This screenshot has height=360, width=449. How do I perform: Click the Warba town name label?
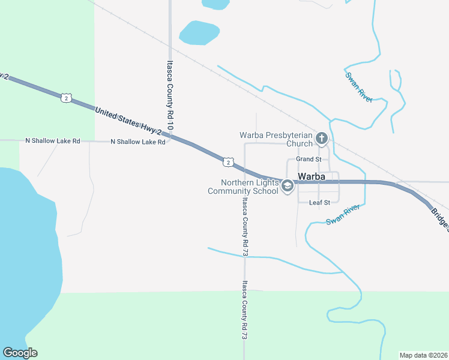click(x=312, y=177)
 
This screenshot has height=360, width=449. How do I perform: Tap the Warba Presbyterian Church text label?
click(x=276, y=139)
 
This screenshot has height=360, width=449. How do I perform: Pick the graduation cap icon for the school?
click(x=288, y=187)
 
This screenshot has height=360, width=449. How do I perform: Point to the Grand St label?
click(x=309, y=160)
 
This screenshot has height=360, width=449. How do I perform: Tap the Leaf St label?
click(x=319, y=203)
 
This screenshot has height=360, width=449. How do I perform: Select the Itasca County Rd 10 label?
click(x=170, y=97)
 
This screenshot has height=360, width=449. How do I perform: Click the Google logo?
click(x=20, y=353)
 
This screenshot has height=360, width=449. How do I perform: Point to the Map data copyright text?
click(x=423, y=355)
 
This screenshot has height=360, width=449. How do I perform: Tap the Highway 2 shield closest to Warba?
click(x=227, y=161)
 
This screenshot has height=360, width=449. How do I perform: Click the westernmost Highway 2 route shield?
click(x=66, y=97)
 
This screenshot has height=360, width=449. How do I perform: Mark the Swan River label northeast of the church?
click(x=359, y=87)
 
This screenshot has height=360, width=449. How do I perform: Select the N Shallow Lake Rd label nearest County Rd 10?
click(x=137, y=142)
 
